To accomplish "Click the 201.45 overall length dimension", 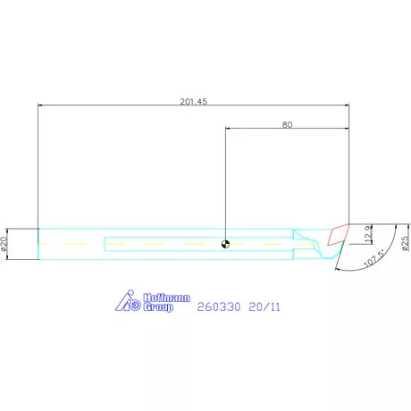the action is [193, 102].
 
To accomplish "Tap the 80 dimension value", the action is [287, 125].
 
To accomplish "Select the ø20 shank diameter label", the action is [4, 244].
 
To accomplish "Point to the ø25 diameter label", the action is [406, 243].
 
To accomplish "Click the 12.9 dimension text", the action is [368, 234].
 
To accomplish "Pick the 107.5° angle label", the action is [374, 258].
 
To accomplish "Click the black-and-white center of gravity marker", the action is [226, 244].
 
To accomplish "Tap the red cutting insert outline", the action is [338, 234].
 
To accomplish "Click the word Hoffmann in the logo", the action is [166, 298].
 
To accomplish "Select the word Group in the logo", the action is [158, 307].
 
